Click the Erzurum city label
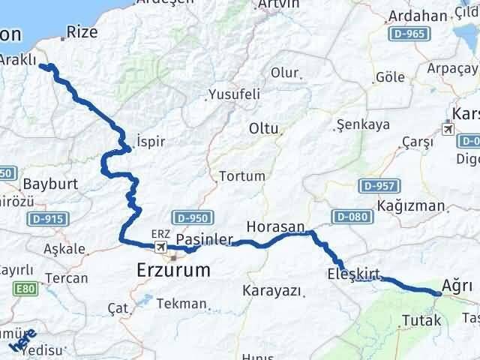[173, 269]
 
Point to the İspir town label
[151, 141]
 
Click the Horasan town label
[277, 226]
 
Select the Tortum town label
[242, 176]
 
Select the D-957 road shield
[379, 185]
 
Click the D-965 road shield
[409, 34]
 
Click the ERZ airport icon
[160, 247]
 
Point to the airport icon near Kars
[448, 129]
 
